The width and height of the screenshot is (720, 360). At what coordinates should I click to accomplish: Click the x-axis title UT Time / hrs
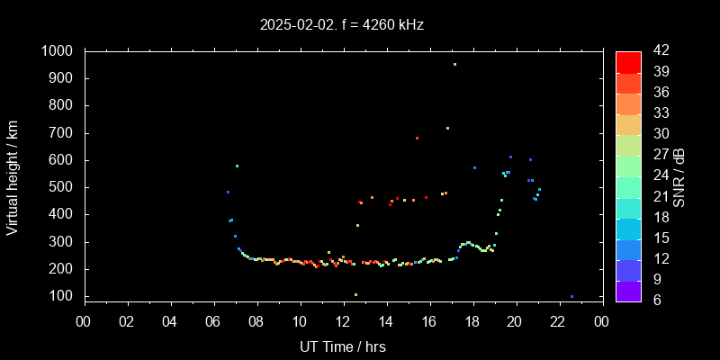342,346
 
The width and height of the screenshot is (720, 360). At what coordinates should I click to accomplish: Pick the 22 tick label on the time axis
558,322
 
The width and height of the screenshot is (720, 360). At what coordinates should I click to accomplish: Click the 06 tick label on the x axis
214,322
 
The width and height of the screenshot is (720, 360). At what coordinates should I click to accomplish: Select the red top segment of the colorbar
628,61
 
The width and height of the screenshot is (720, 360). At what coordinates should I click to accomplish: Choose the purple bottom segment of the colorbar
628,290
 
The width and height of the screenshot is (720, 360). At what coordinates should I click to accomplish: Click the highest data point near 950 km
454,65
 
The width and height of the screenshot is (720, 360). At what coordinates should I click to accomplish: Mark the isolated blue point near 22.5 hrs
571,296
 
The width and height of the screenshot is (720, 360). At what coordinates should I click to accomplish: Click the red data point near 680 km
417,138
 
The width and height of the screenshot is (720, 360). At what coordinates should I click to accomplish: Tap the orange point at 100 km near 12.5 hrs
355,294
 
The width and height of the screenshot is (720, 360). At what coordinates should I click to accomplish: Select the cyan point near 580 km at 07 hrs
237,166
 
